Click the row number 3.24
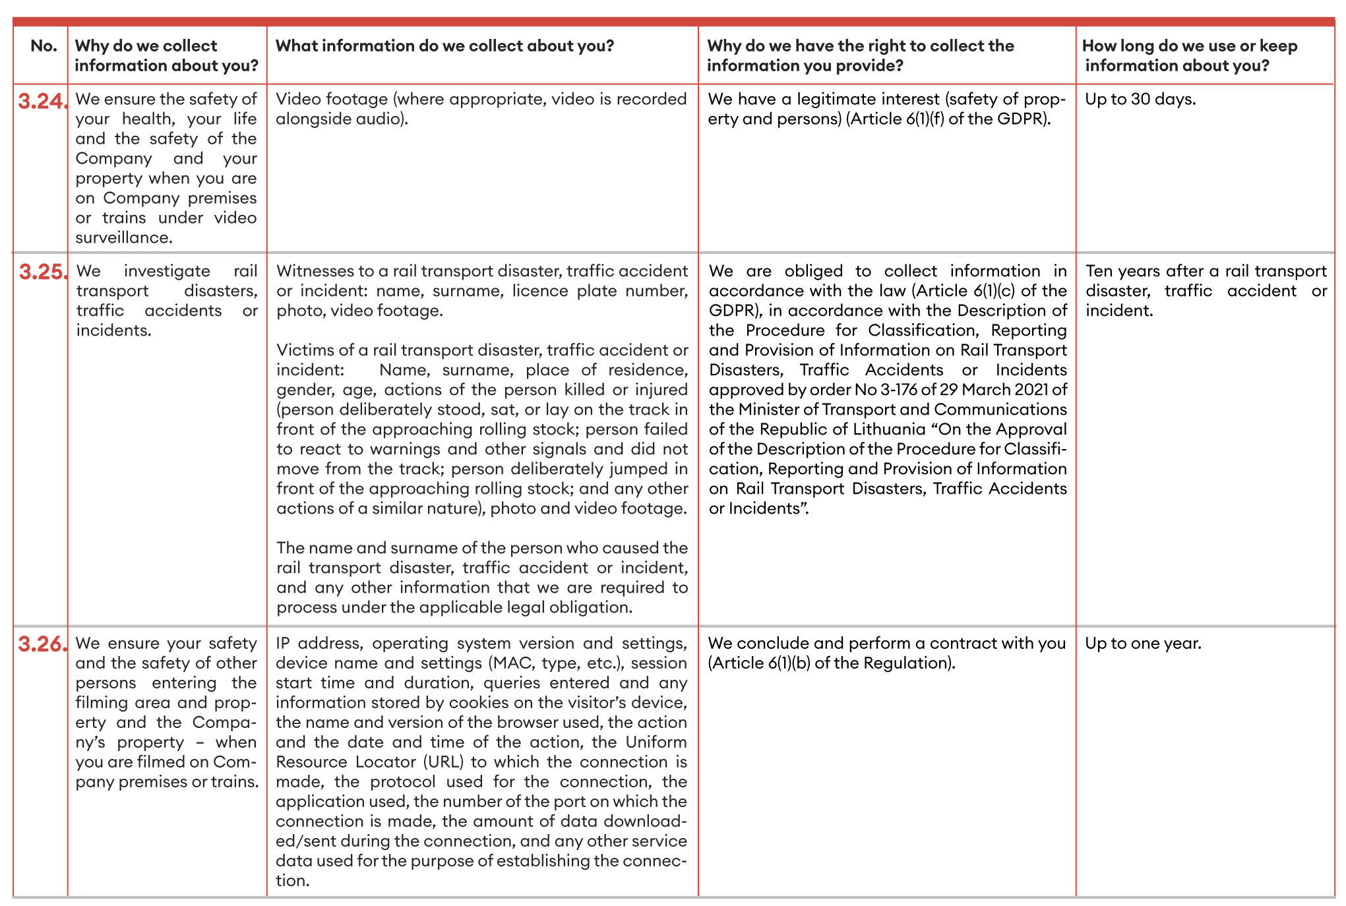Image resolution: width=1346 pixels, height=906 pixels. pos(42,101)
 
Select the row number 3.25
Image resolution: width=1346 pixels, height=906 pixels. pos(42,272)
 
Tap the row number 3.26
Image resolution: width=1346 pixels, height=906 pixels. pos(42,644)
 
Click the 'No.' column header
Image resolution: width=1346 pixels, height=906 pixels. pos(44,46)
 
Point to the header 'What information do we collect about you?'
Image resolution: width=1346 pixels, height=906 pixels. pos(444,46)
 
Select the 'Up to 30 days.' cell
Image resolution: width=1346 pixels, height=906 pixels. pos(1140,100)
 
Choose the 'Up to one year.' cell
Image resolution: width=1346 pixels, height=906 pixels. pos(1143,644)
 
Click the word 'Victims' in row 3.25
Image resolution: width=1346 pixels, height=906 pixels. pos(301,351)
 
